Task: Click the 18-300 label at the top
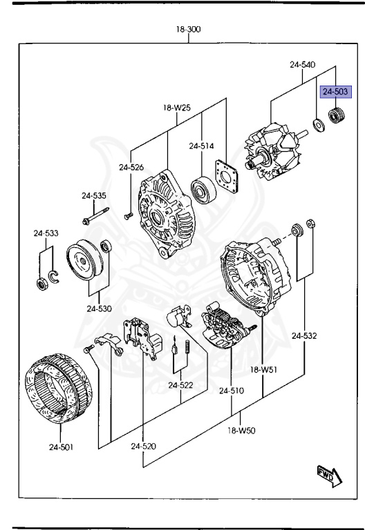[188, 30]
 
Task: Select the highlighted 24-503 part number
[336, 90]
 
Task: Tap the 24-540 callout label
[302, 65]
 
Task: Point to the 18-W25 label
[177, 108]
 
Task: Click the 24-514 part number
[202, 146]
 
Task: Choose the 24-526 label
[131, 167]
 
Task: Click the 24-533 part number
[46, 233]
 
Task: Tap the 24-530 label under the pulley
[100, 308]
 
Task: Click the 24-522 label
[181, 384]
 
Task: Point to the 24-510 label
[232, 391]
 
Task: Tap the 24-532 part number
[304, 336]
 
